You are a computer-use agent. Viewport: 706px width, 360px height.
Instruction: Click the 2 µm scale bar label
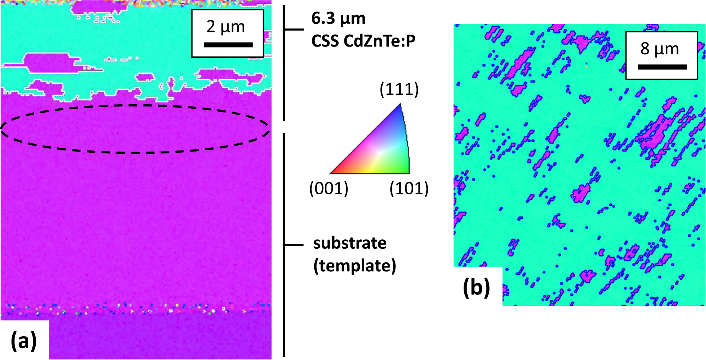[x=226, y=27]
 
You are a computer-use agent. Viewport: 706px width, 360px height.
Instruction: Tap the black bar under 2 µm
[x=228, y=45]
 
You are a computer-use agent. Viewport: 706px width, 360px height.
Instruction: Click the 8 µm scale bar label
[x=659, y=49]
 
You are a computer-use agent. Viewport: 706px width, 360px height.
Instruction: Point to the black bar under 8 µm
[x=662, y=67]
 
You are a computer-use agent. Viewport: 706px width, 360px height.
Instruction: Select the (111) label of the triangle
[x=399, y=89]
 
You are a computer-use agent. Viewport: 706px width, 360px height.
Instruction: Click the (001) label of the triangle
[x=329, y=188]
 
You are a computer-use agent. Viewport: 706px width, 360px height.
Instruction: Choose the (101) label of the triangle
[x=409, y=188]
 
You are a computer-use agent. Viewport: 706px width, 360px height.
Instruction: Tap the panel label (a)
[x=24, y=341]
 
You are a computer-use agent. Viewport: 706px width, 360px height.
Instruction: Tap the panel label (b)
[x=476, y=287]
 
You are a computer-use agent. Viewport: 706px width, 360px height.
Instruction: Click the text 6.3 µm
[x=338, y=18]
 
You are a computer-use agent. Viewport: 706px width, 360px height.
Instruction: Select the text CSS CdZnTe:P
[x=363, y=41]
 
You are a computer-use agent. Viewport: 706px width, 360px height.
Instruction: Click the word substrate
[x=350, y=243]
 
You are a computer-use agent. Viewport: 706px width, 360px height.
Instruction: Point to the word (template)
[x=354, y=266]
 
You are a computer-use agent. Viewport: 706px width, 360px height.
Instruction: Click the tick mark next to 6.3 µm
[x=294, y=29]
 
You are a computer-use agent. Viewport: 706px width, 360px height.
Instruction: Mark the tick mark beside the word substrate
[x=294, y=245]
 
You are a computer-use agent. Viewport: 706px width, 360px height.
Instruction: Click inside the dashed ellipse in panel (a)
[x=135, y=129]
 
